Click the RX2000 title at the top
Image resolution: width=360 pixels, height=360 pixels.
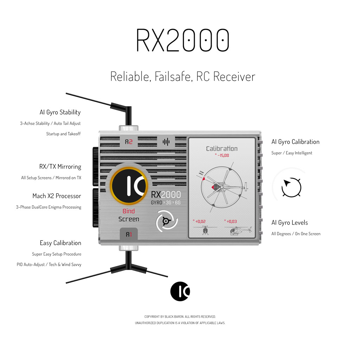(182, 40)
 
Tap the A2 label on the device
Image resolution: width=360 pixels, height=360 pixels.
(129, 142)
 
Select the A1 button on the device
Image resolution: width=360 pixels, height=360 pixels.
(129, 234)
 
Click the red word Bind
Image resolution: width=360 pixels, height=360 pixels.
(129, 211)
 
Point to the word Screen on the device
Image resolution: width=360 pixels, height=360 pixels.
(129, 219)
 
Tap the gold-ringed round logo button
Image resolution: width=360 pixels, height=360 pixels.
(129, 186)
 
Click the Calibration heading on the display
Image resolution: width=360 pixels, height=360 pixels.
(221, 149)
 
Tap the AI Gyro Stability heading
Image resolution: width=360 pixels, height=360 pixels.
(60, 112)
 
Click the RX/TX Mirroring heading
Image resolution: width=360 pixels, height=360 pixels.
(60, 167)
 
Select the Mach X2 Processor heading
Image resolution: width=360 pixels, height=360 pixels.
(57, 196)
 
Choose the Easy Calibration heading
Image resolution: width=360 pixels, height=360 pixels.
(60, 243)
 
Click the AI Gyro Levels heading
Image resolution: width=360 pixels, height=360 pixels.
(290, 223)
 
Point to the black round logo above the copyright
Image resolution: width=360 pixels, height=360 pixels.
(180, 291)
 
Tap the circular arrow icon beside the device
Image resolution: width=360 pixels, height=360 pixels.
(291, 187)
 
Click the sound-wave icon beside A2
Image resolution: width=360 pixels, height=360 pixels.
(166, 142)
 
